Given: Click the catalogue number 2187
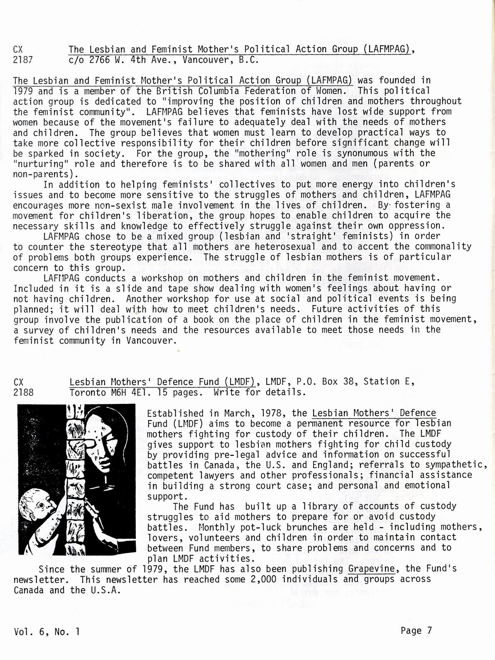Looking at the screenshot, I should (x=23, y=60).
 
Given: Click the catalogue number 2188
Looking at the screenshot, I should (x=23, y=392).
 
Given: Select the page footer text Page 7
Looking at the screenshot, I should (x=417, y=631).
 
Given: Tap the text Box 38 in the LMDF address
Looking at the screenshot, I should (x=333, y=381).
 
